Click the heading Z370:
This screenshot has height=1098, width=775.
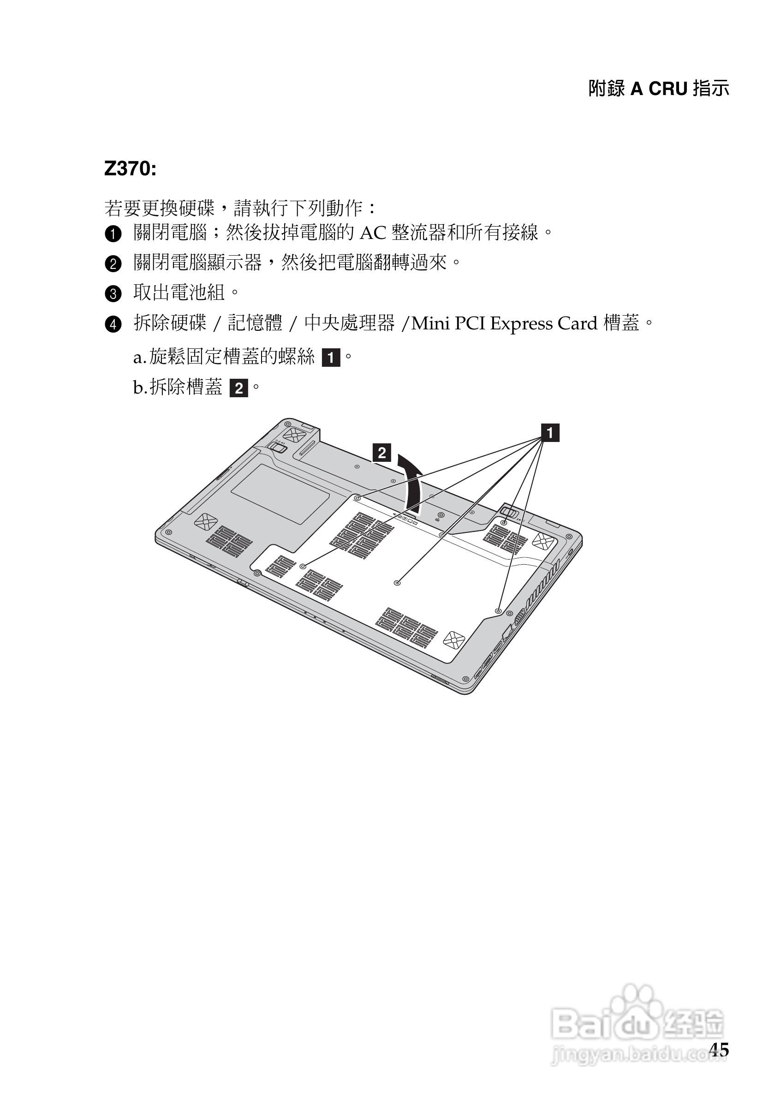[x=130, y=169]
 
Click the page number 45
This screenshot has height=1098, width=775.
[x=719, y=1050]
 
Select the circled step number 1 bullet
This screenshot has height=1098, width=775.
[x=113, y=234]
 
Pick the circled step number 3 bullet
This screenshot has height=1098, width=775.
[x=113, y=293]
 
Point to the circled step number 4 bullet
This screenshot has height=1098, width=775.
[x=113, y=325]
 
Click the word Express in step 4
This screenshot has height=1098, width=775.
[x=521, y=324]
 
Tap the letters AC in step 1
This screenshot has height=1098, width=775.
[x=372, y=233]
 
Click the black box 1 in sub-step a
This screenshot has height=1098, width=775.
[x=331, y=358]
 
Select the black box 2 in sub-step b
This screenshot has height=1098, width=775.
[x=238, y=388]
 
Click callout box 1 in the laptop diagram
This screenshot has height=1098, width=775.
[x=550, y=433]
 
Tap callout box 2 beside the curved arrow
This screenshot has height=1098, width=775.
[x=382, y=453]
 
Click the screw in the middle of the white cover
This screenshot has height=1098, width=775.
[x=397, y=583]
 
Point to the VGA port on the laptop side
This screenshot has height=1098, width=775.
[x=519, y=617]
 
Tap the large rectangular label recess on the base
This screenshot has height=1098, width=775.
[x=280, y=494]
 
